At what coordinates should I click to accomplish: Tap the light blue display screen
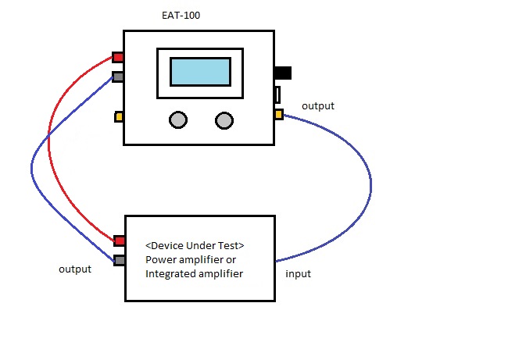tap(200, 72)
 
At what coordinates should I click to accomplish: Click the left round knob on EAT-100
tap(178, 120)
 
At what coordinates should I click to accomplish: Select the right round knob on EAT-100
tap(224, 120)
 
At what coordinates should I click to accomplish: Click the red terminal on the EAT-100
tap(118, 57)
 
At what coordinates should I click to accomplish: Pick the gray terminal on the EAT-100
tap(118, 77)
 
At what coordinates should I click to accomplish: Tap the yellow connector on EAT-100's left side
tap(119, 117)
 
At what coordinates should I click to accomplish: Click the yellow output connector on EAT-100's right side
tap(279, 115)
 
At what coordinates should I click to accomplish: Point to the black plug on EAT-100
tap(283, 73)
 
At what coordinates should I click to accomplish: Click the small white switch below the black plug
tap(277, 94)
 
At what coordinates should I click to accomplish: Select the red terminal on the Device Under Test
tap(120, 241)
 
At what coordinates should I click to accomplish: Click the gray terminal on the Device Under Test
tap(120, 260)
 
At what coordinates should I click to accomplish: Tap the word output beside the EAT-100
tap(318, 105)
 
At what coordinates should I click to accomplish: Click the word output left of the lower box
tap(75, 269)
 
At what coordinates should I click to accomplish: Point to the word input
tap(299, 273)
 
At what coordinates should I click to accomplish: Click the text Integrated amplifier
tap(195, 273)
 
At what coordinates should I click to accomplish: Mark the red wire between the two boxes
tap(49, 148)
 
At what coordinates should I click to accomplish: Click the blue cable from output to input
tap(370, 184)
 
